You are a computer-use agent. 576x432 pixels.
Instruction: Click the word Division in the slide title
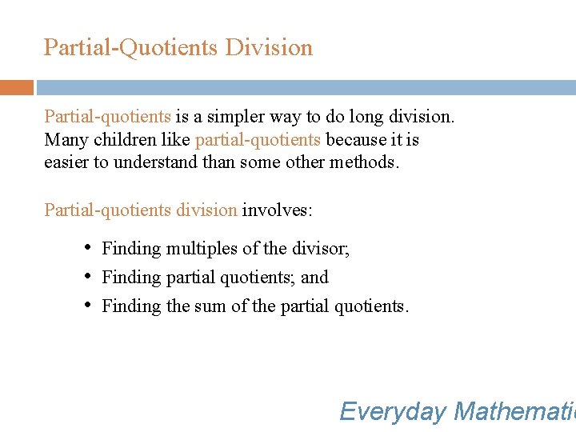[269, 48]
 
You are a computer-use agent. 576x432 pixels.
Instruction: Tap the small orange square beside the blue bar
[16, 87]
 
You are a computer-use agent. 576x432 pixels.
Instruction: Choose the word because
[354, 140]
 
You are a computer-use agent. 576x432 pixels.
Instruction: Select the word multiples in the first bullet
[199, 249]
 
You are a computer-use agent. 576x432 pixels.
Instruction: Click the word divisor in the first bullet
[322, 249]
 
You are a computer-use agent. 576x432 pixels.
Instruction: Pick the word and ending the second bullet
[314, 278]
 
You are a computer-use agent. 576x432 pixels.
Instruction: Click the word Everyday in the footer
[392, 412]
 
